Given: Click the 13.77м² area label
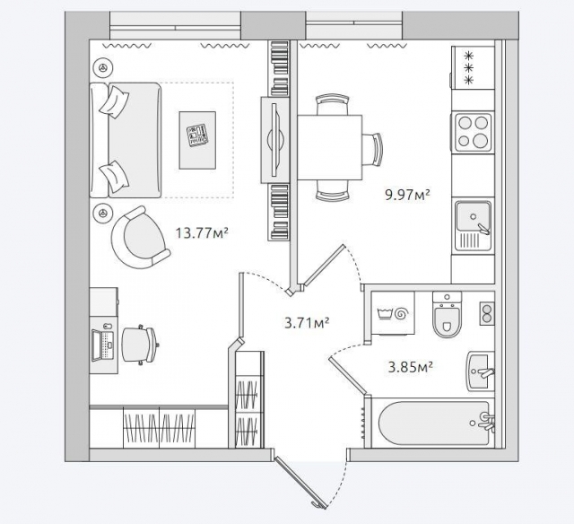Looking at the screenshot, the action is click(202, 233).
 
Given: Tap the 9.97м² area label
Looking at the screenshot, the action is click(407, 195).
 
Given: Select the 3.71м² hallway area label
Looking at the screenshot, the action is click(307, 323).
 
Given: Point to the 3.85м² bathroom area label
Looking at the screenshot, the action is click(411, 367).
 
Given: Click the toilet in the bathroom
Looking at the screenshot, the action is click(447, 315).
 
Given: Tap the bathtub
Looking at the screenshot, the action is click(436, 424).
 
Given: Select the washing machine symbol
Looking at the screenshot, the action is click(393, 313).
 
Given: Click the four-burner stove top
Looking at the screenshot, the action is click(474, 132).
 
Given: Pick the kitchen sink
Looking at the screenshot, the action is click(473, 225).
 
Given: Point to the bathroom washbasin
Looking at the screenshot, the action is click(481, 371).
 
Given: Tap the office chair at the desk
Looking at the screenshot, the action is click(141, 345).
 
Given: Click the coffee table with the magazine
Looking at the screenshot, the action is click(197, 140).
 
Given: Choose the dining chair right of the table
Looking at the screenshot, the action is click(372, 150).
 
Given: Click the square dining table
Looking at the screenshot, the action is click(329, 147).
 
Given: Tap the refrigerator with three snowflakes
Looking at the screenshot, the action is click(473, 67).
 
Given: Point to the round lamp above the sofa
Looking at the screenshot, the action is click(103, 67).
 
